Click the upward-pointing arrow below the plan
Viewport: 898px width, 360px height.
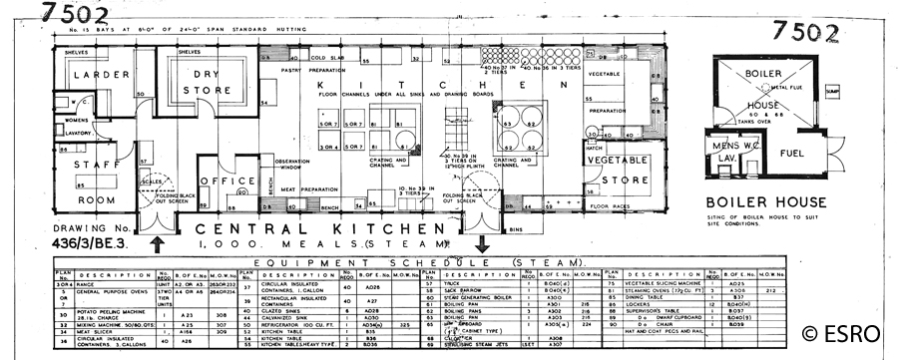tap(158, 242)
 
